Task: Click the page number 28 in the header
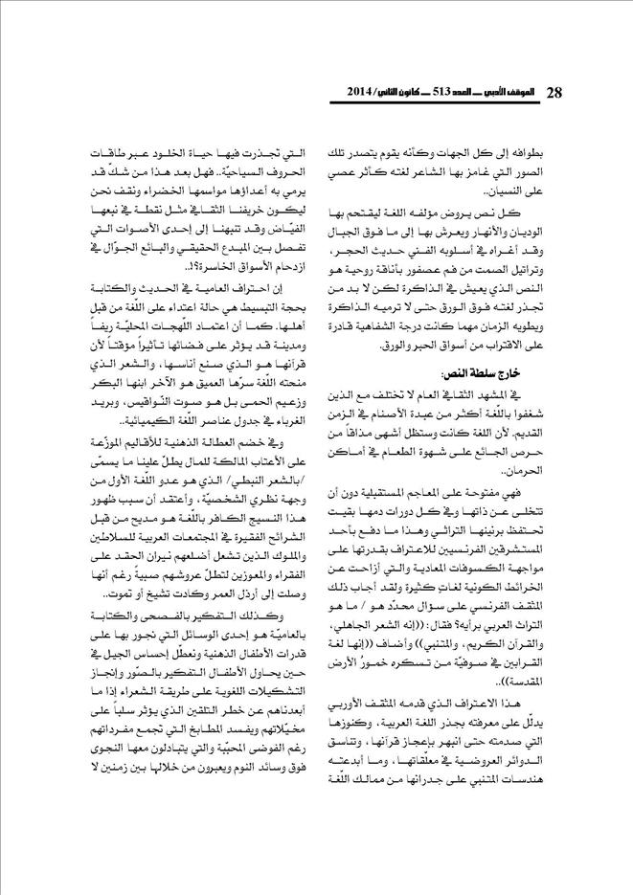556,93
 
